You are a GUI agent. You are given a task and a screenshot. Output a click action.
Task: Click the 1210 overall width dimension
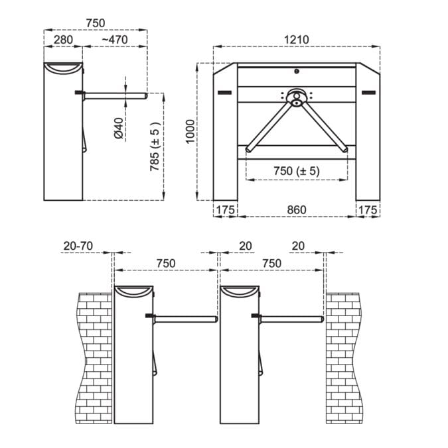(x=297, y=40)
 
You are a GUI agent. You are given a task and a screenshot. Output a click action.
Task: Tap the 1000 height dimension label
(x=190, y=131)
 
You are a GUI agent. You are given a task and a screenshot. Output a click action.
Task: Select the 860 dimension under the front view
(x=297, y=209)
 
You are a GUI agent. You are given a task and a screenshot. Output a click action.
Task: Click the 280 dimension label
(x=63, y=40)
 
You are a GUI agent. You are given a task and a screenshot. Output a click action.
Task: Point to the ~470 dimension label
(x=115, y=40)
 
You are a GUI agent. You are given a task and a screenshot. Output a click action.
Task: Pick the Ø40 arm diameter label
(x=118, y=128)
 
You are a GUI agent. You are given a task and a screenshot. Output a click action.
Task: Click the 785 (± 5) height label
(x=155, y=146)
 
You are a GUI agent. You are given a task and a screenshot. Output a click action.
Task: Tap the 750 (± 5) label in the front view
(x=297, y=171)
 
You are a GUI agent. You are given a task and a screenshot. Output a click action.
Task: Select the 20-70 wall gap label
(x=78, y=246)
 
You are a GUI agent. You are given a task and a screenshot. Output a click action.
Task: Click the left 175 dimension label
(x=226, y=210)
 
